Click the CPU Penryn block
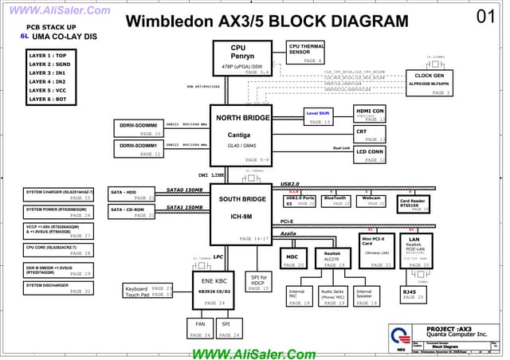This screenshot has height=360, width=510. (242, 58)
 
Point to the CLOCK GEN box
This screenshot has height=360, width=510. (429, 80)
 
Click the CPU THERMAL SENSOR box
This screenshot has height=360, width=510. (305, 53)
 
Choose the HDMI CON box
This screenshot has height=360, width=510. (370, 114)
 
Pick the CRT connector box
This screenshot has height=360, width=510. (370, 133)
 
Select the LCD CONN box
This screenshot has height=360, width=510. (370, 154)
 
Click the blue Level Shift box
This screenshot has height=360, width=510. (318, 116)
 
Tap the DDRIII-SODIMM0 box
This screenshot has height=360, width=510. (139, 128)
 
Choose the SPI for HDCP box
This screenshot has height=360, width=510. (259, 283)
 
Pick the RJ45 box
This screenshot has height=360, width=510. (414, 295)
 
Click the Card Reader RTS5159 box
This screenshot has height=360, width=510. (414, 204)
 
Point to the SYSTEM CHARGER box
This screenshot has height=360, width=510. (59, 194)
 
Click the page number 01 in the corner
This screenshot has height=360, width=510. (485, 16)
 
